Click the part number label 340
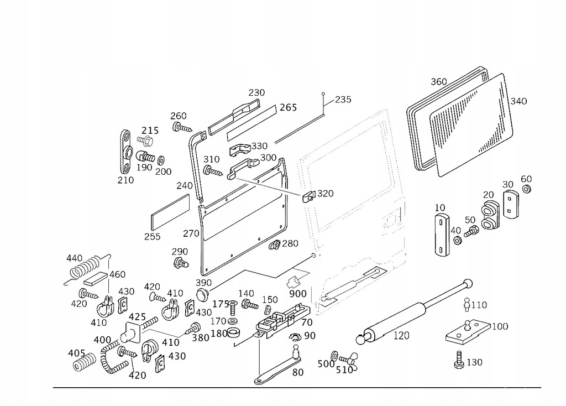pyautogui.click(x=518, y=101)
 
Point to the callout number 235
pyautogui.click(x=343, y=100)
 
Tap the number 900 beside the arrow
pyautogui.click(x=297, y=293)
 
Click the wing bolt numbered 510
pyautogui.click(x=348, y=357)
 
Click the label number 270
pyautogui.click(x=192, y=233)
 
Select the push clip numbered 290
pyautogui.click(x=180, y=263)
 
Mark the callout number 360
pyautogui.click(x=438, y=82)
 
